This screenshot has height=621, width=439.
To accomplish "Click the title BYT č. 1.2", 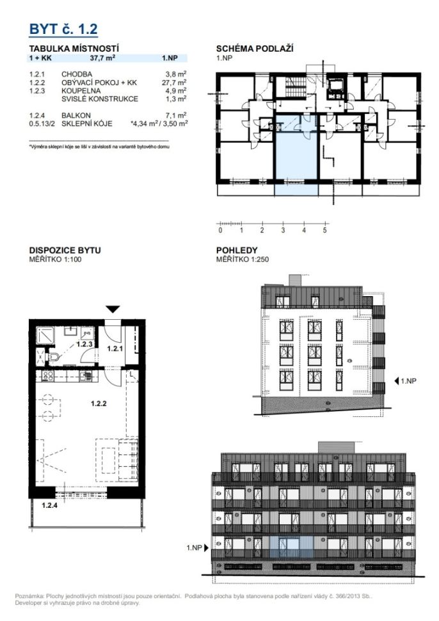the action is (63, 29).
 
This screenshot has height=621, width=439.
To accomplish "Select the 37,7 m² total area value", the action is (102, 58).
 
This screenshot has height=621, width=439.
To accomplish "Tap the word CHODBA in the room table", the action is (77, 74).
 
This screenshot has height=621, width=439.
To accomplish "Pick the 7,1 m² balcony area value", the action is (176, 115).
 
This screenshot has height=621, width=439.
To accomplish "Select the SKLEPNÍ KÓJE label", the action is (87, 123).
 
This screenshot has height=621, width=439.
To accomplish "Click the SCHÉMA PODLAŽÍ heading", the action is (255, 49).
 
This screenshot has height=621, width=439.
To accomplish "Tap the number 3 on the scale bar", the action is (283, 230).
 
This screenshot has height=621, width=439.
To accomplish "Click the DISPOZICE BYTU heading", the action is (65, 250).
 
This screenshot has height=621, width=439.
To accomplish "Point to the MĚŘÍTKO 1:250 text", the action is (243, 260).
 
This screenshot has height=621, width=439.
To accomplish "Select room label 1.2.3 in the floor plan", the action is (84, 344).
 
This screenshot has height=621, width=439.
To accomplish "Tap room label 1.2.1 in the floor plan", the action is (115, 349).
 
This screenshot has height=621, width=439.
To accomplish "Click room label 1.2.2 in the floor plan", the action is (99, 404).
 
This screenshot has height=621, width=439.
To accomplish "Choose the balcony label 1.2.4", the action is (50, 505).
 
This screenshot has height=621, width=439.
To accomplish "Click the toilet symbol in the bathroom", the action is (54, 358).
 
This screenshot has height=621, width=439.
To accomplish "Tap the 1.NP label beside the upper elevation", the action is (408, 381).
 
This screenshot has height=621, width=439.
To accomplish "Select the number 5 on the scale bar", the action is (324, 230).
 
